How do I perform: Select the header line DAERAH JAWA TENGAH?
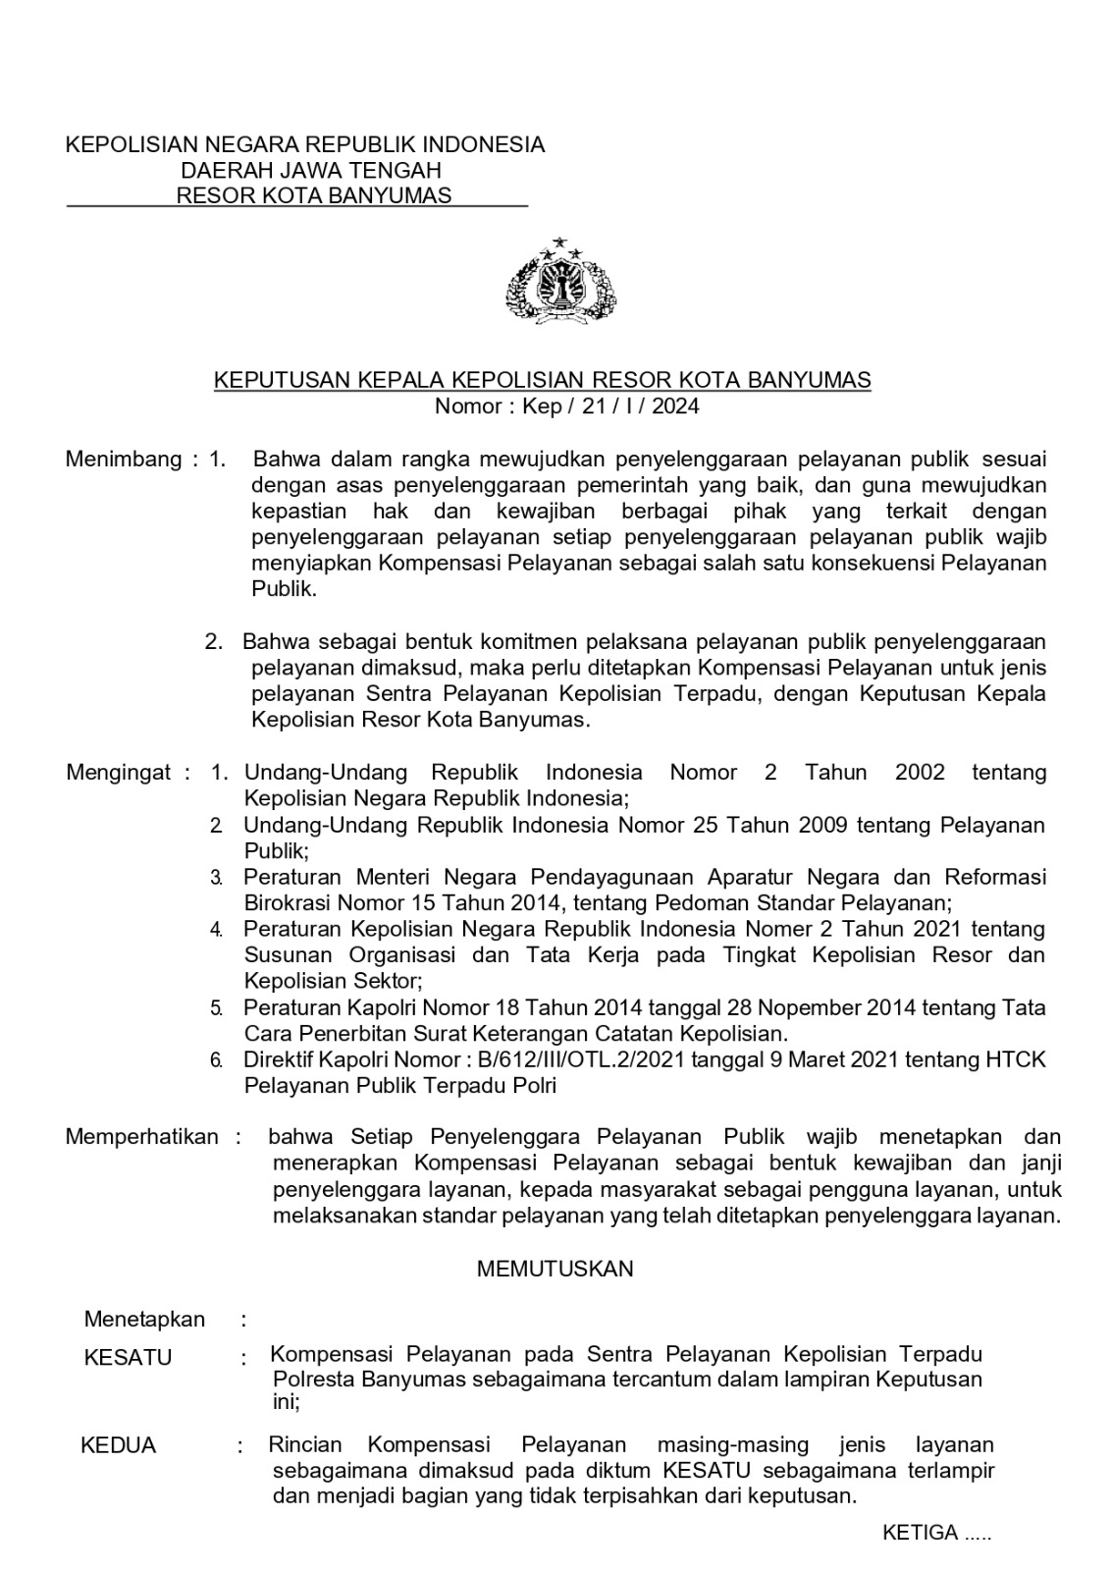[x=310, y=170]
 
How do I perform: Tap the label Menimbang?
[x=124, y=459]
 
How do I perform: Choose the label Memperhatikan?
[x=142, y=1137]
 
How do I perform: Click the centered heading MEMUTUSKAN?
[x=555, y=1269]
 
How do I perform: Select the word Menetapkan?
[x=145, y=1319]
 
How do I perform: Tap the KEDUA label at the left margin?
[x=118, y=1445]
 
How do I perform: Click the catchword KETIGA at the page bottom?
[x=920, y=1533]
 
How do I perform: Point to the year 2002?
[x=920, y=772]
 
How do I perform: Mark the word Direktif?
[x=278, y=1059]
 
